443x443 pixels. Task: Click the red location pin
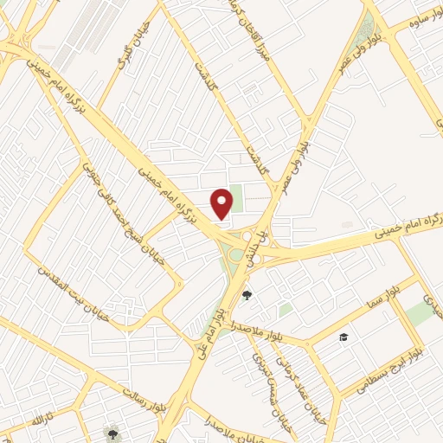tap(222, 202)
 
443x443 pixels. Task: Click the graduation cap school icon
tap(343, 337)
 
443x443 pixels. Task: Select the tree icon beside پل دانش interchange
tap(247, 295)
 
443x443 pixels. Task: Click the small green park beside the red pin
tap(236, 192)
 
